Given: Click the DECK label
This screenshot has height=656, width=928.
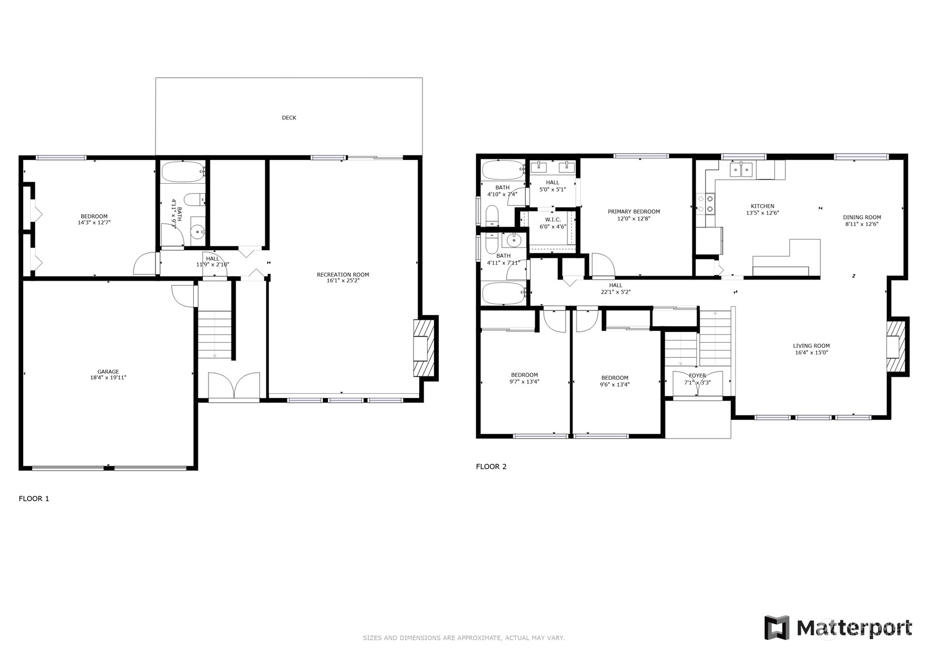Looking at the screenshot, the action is click(288, 118).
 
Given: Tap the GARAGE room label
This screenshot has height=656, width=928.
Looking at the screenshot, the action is click(108, 372).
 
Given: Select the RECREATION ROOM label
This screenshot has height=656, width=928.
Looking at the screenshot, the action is click(343, 274).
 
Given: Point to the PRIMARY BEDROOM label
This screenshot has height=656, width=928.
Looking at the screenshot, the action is click(634, 212).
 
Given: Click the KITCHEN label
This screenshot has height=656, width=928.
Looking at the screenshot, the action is click(762, 206).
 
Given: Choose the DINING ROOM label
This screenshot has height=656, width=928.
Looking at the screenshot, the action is click(862, 217).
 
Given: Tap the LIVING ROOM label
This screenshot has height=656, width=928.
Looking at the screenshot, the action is click(811, 345).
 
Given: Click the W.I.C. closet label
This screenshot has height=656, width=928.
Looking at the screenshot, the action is click(553, 220).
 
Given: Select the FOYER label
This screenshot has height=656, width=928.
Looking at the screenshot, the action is click(697, 375).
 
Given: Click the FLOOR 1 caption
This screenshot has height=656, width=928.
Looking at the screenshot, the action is click(34, 499).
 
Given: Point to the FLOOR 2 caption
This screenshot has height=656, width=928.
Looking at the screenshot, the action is click(491, 466).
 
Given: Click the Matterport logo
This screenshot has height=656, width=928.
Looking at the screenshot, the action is click(838, 628).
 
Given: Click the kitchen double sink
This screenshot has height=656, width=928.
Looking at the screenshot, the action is click(741, 170).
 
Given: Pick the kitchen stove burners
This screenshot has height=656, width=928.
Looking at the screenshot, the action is click(705, 205).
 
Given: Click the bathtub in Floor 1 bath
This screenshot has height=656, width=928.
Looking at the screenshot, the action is click(183, 171).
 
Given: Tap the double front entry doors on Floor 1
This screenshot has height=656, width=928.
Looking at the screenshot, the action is click(234, 386).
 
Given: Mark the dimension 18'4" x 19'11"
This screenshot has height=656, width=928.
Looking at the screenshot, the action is click(108, 378).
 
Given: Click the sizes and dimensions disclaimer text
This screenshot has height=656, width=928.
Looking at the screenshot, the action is click(464, 638).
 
